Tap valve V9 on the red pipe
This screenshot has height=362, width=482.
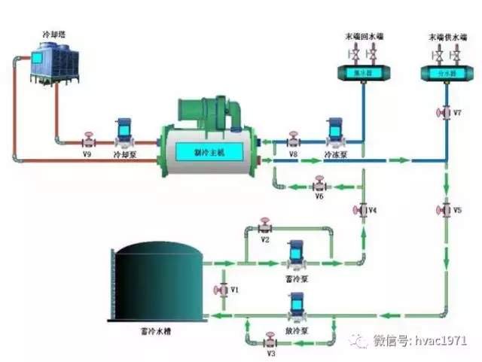(88, 140)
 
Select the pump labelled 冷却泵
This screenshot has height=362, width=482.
(123, 134)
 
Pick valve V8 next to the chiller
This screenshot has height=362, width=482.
(293, 140)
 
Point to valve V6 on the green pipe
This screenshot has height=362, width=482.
(319, 184)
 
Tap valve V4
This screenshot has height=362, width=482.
(362, 209)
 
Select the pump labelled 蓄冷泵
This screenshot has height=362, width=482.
(295, 256)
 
